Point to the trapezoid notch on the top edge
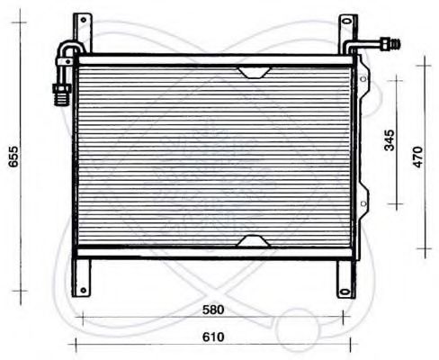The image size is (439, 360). click(253, 71)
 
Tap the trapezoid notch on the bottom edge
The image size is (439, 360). click(253, 241)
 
